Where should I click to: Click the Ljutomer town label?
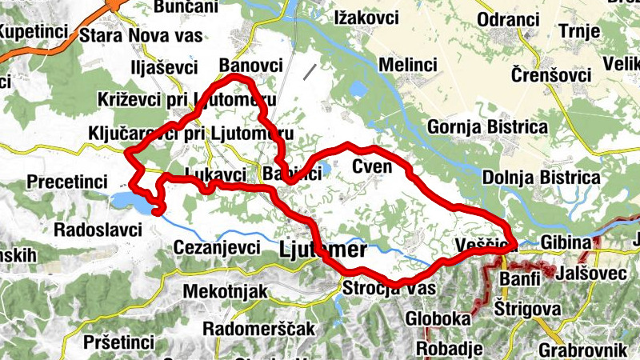pos(322,250)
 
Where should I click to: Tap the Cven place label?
pos(372,166)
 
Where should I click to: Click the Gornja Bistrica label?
pos(488,127)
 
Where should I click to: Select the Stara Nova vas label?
pos(141,35)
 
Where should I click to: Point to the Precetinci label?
pos(66,182)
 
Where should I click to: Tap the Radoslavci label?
pos(97,230)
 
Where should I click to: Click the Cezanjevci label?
pos(217,248)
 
